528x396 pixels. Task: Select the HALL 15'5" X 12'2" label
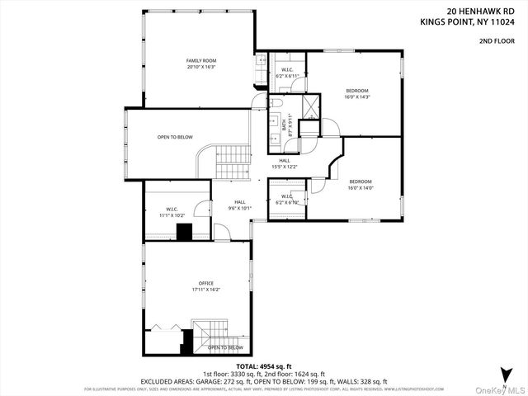285,164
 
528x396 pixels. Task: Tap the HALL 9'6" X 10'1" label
239,205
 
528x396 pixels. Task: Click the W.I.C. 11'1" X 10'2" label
172,211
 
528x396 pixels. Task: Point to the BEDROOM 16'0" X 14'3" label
356,93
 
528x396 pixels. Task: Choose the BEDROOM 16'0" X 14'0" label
361,185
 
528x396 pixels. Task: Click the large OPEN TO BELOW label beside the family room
175,137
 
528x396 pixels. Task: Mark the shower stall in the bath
310,106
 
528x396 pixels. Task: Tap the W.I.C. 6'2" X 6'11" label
287,72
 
